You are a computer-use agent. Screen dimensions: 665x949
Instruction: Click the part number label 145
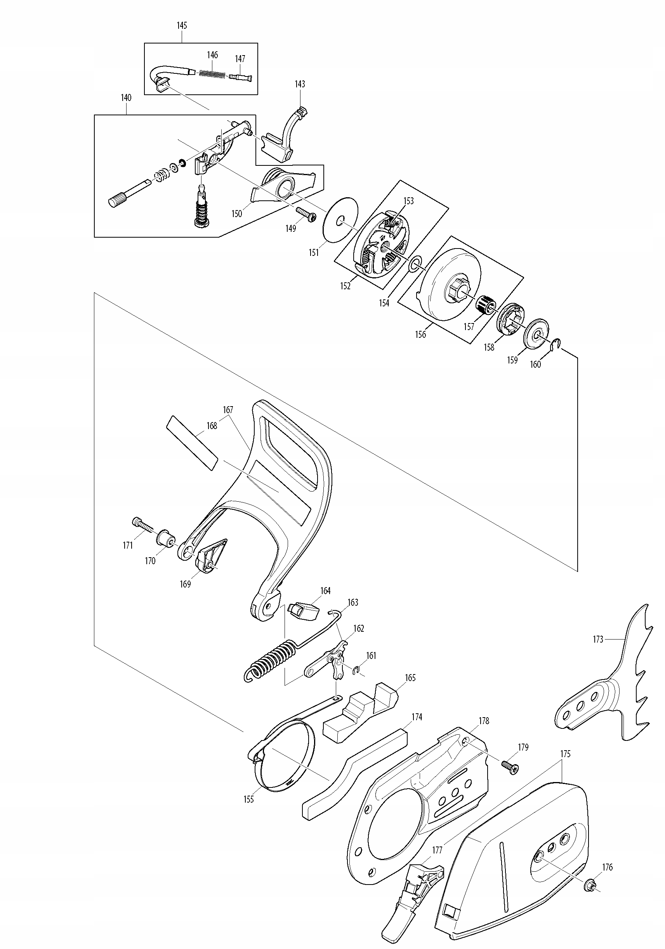(182, 26)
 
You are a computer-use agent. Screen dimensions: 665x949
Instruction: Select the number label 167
(228, 410)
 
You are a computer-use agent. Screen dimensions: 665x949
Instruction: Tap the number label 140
(126, 98)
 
